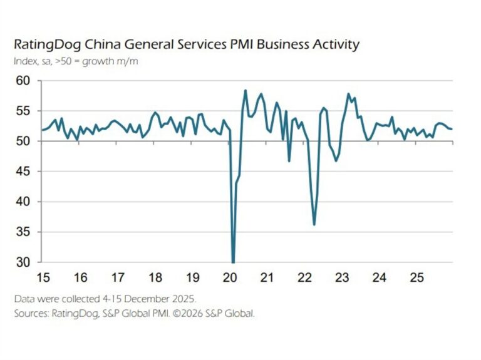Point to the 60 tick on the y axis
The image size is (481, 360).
(x=23, y=81)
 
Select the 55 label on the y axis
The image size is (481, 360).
(x=23, y=111)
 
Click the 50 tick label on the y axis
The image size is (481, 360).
(x=23, y=141)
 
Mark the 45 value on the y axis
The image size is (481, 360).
(x=23, y=172)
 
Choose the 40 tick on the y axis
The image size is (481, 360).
(x=23, y=202)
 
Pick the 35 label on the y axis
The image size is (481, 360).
(x=23, y=232)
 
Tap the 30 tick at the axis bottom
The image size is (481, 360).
(x=23, y=262)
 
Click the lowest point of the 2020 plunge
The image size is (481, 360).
(x=233, y=262)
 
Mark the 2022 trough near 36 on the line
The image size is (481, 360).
(x=314, y=224)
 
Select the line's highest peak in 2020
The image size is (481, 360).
(x=245, y=91)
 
